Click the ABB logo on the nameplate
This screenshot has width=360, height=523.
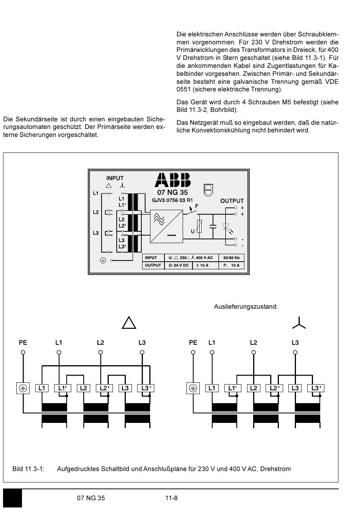tap(172, 180)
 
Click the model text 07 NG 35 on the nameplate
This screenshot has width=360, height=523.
tap(172, 192)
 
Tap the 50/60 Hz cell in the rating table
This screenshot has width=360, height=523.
tap(231, 258)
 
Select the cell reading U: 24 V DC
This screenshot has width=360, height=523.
tap(178, 265)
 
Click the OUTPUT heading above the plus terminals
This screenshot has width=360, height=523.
tap(232, 201)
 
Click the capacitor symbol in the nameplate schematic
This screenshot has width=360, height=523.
tap(213, 226)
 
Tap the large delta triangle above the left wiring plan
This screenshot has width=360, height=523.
tap(129, 323)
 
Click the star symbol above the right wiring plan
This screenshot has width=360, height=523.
tap(299, 323)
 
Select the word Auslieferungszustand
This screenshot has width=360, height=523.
tap(246, 306)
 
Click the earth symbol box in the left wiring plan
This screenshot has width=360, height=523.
tap(23, 388)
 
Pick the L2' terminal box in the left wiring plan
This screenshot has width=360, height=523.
tap(104, 388)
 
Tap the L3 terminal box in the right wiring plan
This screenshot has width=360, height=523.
tap(295, 388)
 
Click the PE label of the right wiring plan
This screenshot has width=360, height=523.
tap(193, 342)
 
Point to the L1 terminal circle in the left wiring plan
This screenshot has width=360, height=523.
tap(59, 352)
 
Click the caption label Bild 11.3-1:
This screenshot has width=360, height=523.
tap(28, 469)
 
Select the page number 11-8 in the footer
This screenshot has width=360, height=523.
tap(171, 498)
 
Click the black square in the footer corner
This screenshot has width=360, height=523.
tap(13, 498)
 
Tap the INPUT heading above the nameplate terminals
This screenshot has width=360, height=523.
tap(115, 178)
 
